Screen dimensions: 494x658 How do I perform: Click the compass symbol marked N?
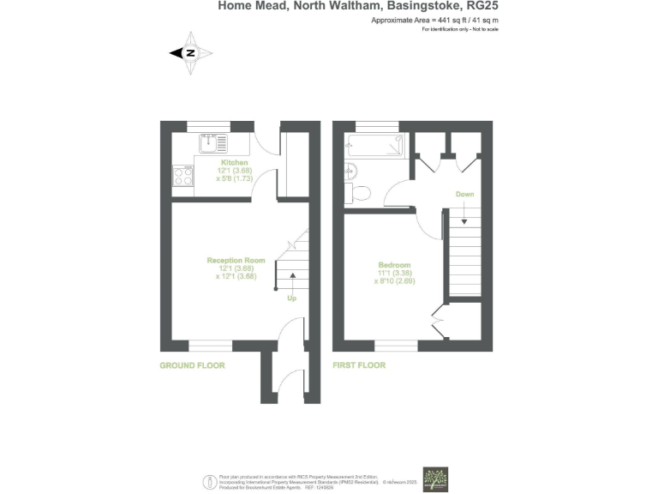[x=189, y=53]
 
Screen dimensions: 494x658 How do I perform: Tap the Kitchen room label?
[x=235, y=162]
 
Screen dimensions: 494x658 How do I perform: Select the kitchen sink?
[x=214, y=142]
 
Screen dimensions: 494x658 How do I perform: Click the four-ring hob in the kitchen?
[x=183, y=177]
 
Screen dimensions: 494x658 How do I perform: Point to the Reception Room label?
[x=236, y=260]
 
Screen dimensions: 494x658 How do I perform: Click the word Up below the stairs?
[x=291, y=298]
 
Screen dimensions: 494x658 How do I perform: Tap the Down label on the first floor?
[x=464, y=195]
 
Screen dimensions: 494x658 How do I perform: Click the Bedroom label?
[x=394, y=264]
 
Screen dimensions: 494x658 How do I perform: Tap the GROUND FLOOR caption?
[x=192, y=365]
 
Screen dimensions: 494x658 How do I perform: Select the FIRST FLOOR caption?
[x=359, y=365]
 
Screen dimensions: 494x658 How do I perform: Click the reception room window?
[x=210, y=346]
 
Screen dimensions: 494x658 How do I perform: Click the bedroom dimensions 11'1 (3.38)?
[x=394, y=273]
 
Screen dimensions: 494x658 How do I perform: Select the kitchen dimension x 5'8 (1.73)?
[x=235, y=178]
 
